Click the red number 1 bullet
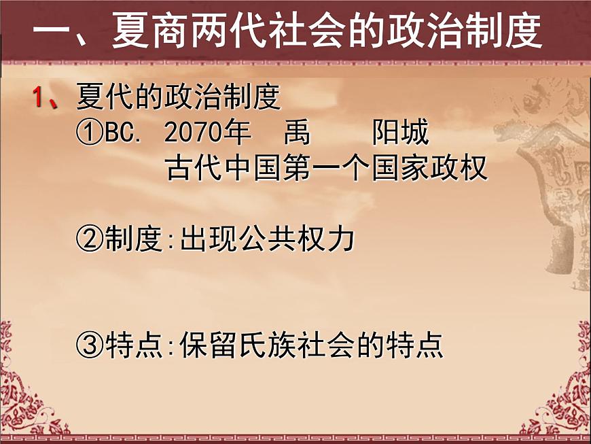39,98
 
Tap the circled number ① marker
90,134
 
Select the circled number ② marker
90,239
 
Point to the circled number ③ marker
90,346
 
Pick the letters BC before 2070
122,134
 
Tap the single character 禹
297,134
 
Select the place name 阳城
400,134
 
